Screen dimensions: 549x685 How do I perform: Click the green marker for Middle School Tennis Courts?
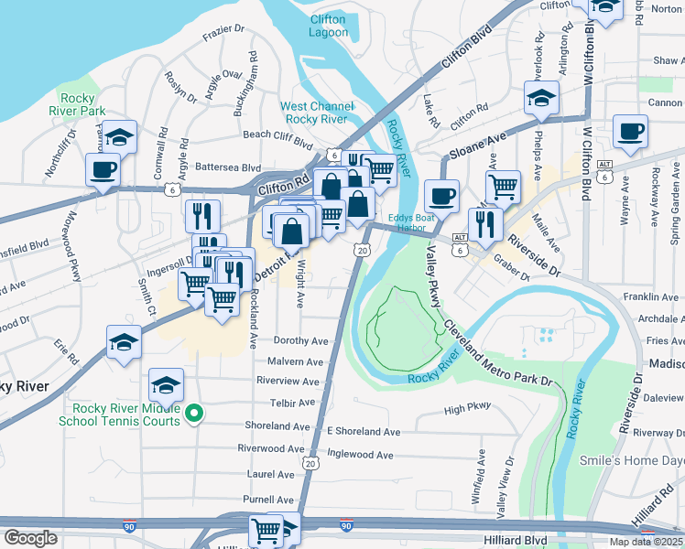(x=192, y=414)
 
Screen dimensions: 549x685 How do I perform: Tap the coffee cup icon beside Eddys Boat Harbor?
(x=441, y=195)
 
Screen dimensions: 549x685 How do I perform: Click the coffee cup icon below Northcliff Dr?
(x=103, y=168)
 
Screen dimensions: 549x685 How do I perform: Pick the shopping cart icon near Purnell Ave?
(x=266, y=529)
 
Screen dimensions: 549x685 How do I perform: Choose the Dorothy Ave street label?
(x=300, y=340)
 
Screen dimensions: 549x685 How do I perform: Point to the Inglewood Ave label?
(x=360, y=455)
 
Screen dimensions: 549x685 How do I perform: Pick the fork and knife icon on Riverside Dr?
(x=484, y=224)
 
